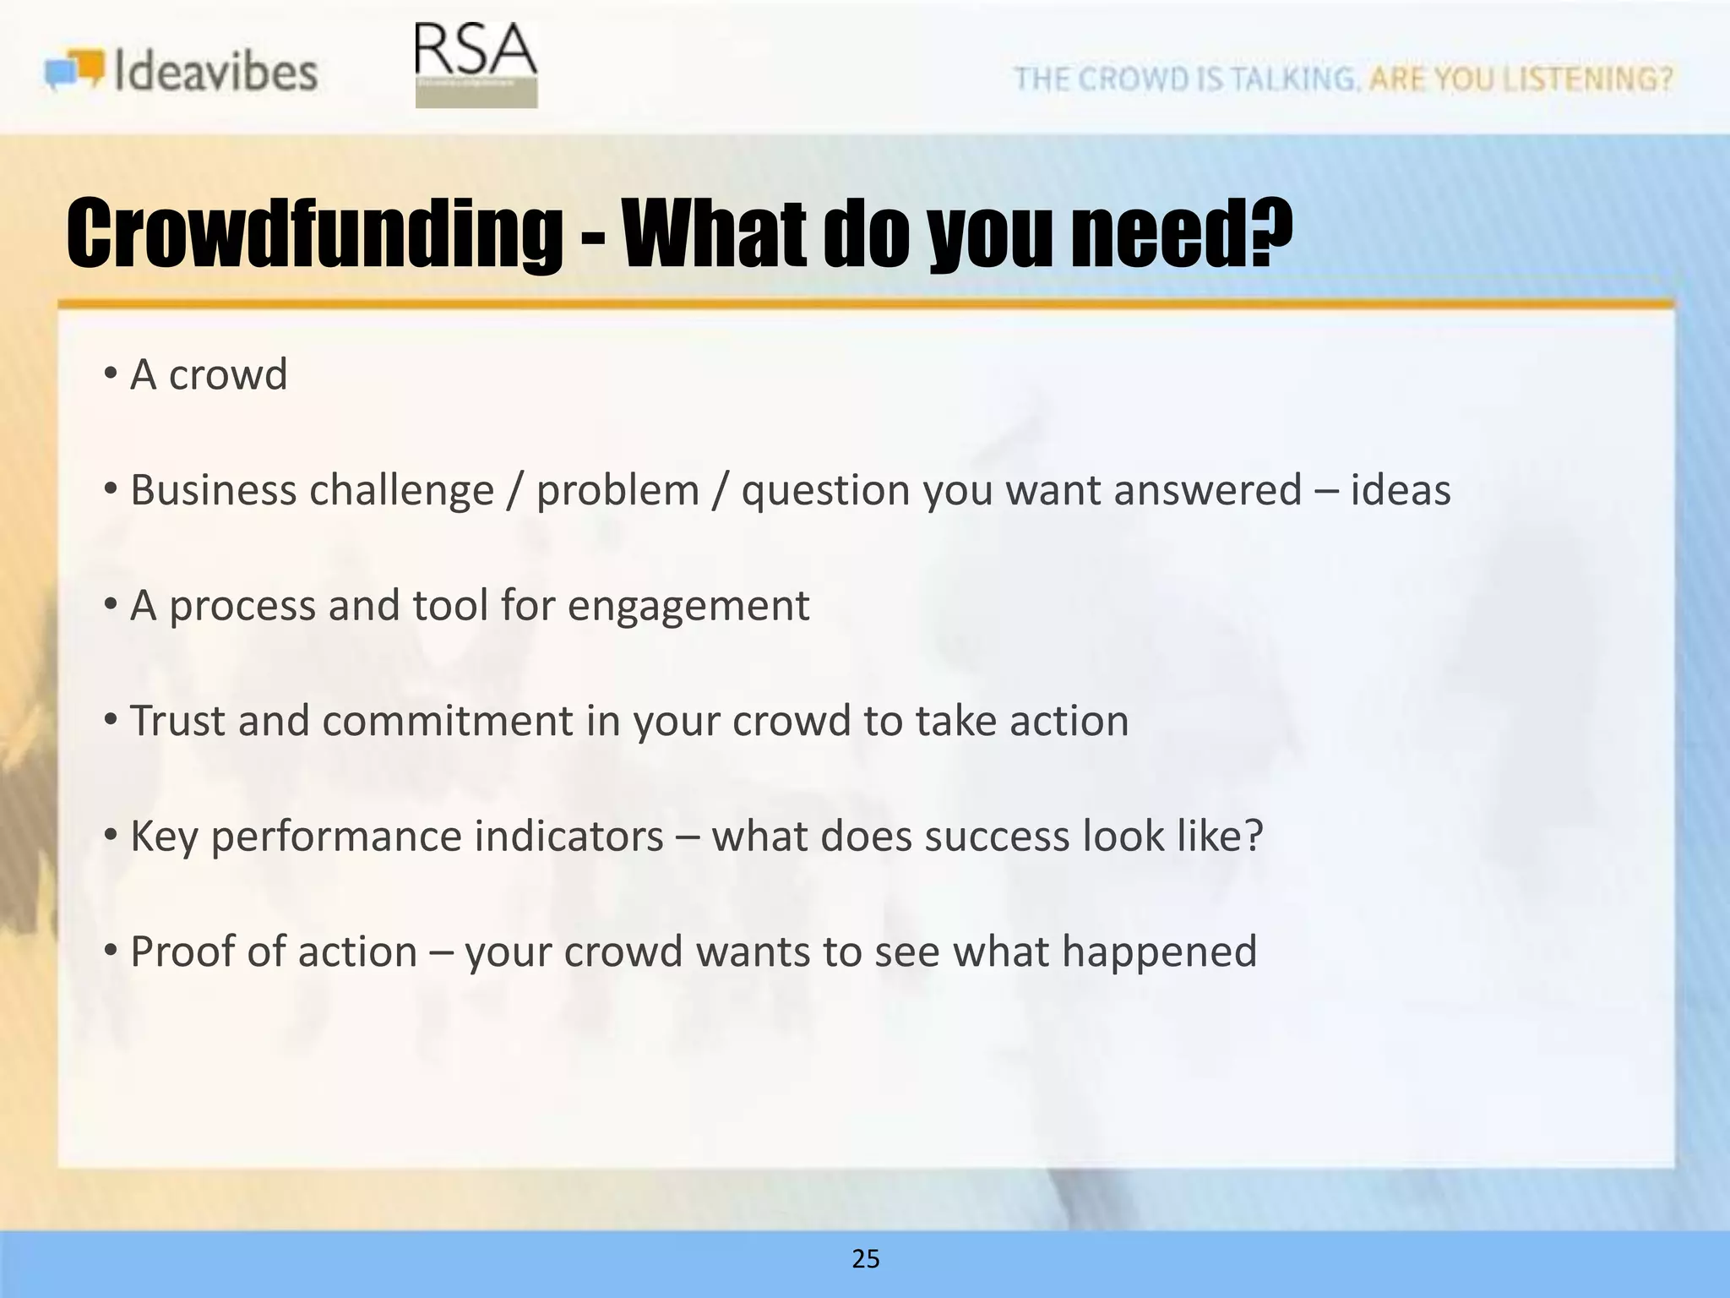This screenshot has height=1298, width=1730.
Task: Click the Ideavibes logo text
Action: [215, 71]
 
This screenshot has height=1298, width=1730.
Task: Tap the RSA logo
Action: [476, 64]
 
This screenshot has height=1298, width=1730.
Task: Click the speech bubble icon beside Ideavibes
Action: [74, 70]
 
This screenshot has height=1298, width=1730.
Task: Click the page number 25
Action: [866, 1258]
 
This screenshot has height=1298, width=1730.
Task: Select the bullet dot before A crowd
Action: [111, 374]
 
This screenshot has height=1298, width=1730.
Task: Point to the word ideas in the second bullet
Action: [1400, 490]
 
